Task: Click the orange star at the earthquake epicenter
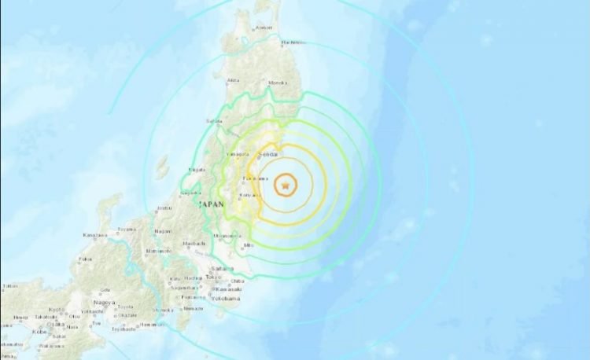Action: click(286, 185)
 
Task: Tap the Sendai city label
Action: click(264, 156)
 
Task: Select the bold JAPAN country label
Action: click(211, 204)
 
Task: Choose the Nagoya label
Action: click(102, 302)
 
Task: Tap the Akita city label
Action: click(233, 80)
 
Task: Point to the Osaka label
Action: click(55, 323)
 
